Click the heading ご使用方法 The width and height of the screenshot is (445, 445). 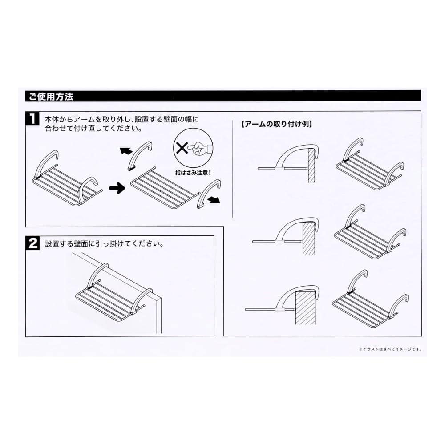click(51, 97)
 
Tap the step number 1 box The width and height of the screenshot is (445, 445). click(33, 118)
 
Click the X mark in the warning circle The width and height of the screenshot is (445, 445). click(182, 148)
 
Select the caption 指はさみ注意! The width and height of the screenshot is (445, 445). click(193, 173)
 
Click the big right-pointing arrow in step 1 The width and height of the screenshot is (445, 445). click(117, 188)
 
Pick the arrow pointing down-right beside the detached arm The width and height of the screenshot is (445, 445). click(214, 201)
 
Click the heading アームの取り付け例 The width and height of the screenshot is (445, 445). click(276, 124)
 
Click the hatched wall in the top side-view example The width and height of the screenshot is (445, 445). click(311, 166)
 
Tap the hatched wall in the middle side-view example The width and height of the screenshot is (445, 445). click(308, 239)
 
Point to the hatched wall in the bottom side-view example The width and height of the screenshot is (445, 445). click(305, 308)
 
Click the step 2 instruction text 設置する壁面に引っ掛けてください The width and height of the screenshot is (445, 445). click(105, 244)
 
